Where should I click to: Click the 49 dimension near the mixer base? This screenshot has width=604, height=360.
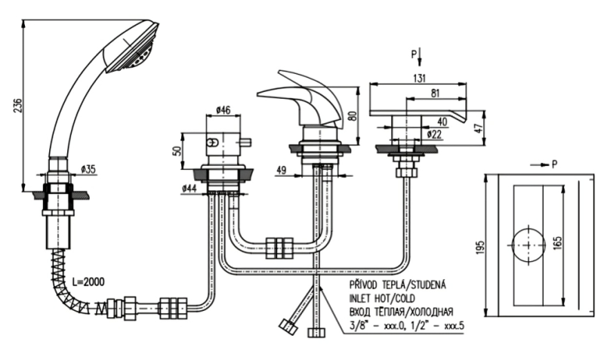point(281,170)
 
